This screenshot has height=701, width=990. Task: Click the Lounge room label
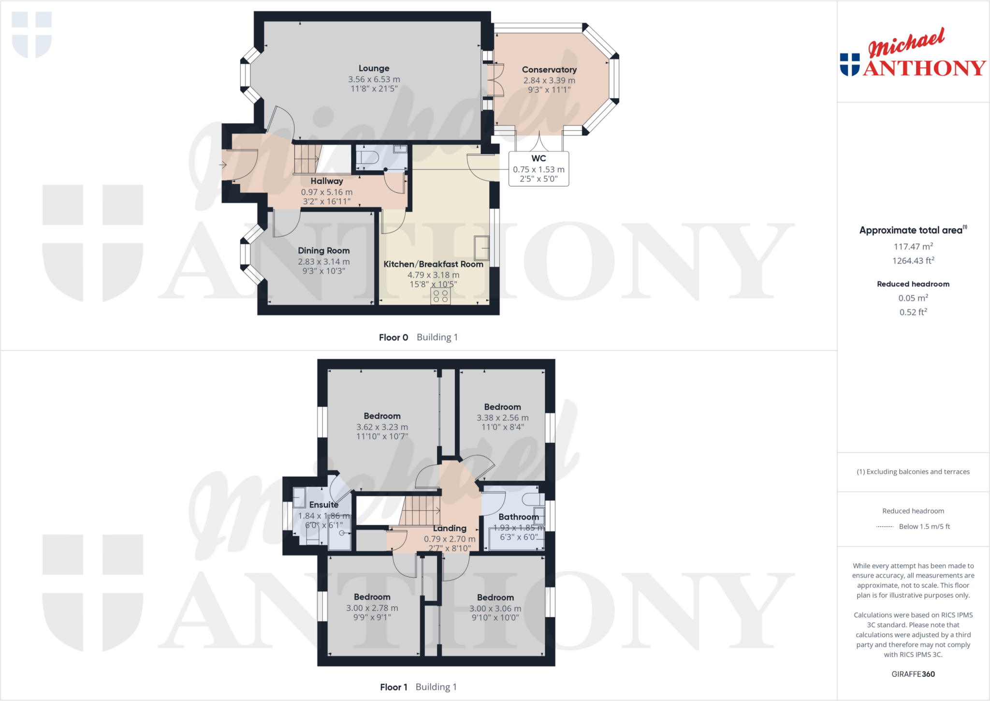[x=374, y=68]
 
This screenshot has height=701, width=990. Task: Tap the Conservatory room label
[x=549, y=70]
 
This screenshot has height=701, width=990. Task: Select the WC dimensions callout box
[x=539, y=169]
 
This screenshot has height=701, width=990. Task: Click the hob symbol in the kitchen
[x=440, y=296]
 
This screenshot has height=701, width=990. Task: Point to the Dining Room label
[x=323, y=251]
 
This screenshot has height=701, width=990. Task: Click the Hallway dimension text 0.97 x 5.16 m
[x=327, y=192]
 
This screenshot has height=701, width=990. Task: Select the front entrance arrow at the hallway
[x=223, y=165]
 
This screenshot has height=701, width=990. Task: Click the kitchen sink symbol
[x=481, y=247]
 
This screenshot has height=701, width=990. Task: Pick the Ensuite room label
[x=323, y=505]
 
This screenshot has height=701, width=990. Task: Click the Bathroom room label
[x=518, y=517]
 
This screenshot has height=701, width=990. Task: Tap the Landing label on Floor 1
[x=450, y=528]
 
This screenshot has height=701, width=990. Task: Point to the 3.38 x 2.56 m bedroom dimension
[x=503, y=418]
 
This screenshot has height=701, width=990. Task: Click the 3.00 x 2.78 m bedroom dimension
[x=372, y=608]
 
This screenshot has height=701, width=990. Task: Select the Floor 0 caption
[x=393, y=337]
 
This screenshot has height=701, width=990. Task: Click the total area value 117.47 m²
[x=913, y=246]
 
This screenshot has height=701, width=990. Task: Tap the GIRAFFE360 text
[x=913, y=674]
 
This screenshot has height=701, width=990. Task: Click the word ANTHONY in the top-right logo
[x=924, y=68]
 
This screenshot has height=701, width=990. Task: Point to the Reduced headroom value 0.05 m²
[x=913, y=298]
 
